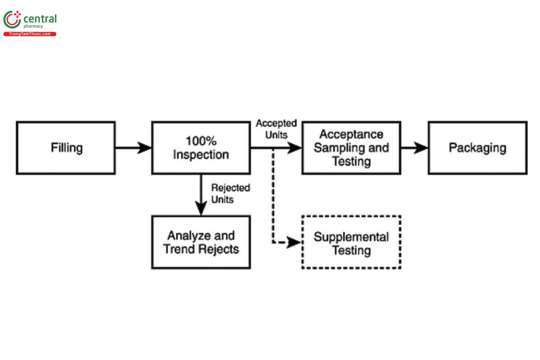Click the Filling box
pyautogui.click(x=66, y=148)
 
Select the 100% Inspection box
pyautogui.click(x=201, y=148)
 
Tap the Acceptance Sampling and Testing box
pyautogui.click(x=351, y=148)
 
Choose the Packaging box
pyautogui.click(x=477, y=148)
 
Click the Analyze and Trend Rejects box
pyautogui.click(x=201, y=242)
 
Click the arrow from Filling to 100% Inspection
pyautogui.click(x=133, y=148)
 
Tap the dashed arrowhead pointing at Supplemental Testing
pyautogui.click(x=294, y=243)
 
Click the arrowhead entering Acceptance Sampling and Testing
pyautogui.click(x=294, y=148)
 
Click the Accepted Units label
pyautogui.click(x=276, y=129)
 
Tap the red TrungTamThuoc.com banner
pyautogui.click(x=30, y=34)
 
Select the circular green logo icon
pyautogui.click(x=12, y=20)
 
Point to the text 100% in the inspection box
pyautogui.click(x=201, y=141)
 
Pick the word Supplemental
pyautogui.click(x=351, y=237)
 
